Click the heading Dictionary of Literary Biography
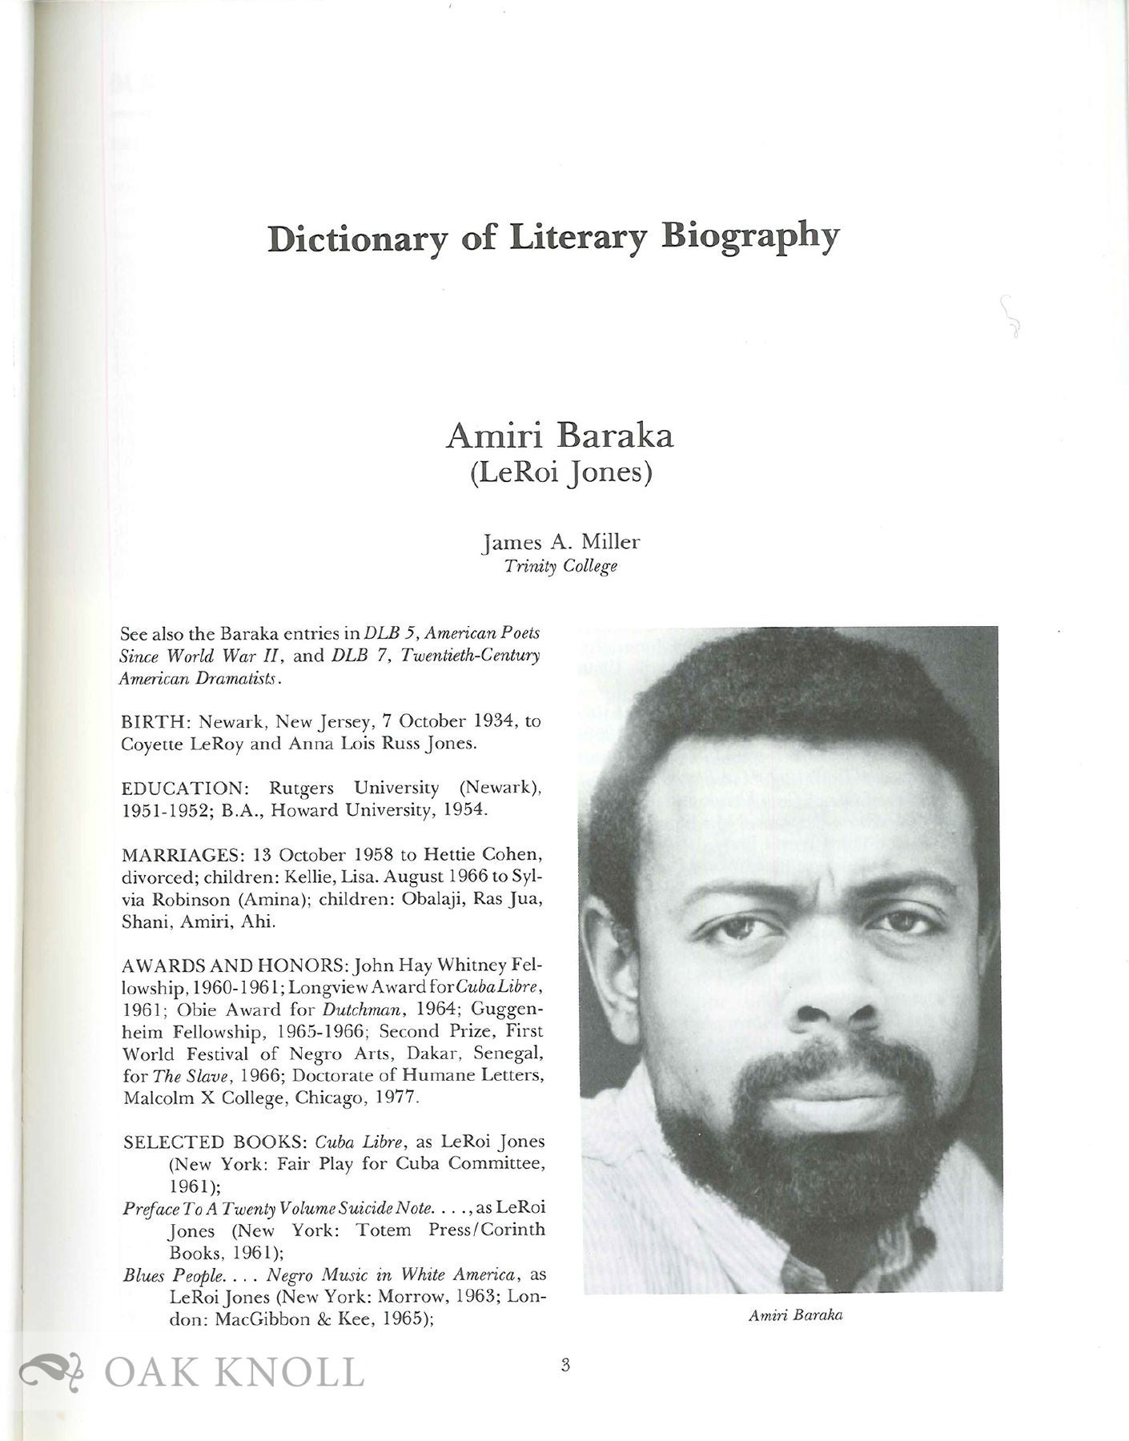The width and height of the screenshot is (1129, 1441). coord(553,238)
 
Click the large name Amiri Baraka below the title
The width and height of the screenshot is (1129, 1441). coord(560,436)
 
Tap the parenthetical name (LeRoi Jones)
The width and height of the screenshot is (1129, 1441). coord(560,473)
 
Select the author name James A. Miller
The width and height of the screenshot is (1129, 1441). coord(560,542)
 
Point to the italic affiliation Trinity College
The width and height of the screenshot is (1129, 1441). coord(560,566)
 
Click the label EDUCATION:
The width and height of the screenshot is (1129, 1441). coord(181,788)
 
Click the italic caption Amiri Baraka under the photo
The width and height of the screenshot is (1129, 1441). coord(795,1315)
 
